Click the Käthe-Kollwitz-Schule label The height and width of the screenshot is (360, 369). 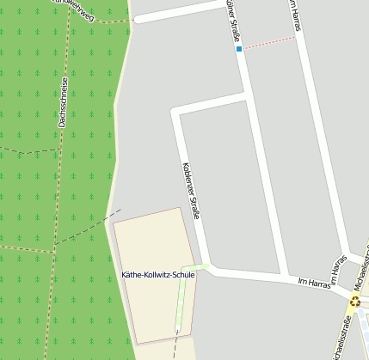(x=159, y=275)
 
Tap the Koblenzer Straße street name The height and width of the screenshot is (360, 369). (x=191, y=190)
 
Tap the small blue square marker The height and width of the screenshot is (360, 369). (x=239, y=49)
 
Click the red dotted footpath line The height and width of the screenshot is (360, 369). (x=268, y=43)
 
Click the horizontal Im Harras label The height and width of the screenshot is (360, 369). (x=313, y=283)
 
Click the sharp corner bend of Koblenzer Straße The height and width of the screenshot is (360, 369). (x=175, y=112)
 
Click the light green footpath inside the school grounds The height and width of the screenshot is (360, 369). (x=181, y=305)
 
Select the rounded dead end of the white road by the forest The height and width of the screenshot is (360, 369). (x=137, y=18)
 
